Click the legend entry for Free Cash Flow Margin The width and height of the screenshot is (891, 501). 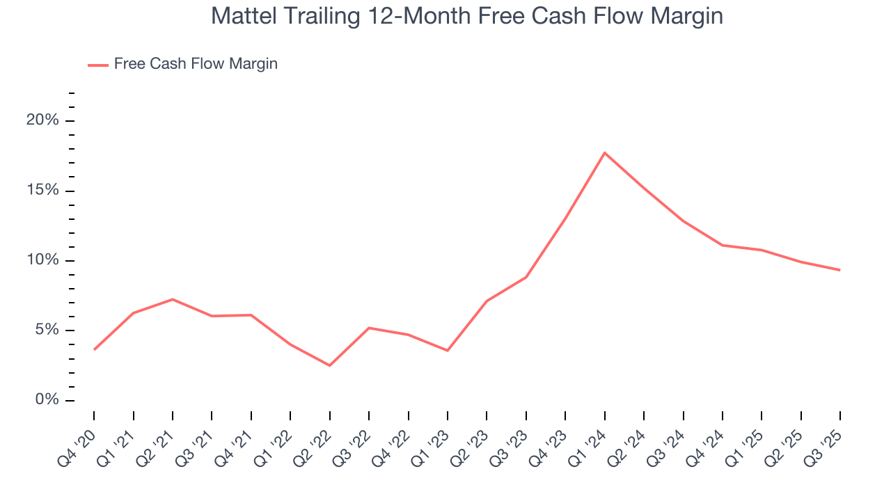pos(196,64)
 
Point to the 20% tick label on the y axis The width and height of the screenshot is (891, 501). pos(42,120)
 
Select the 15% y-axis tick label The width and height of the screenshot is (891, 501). pos(42,191)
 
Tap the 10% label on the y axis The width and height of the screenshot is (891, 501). pos(42,260)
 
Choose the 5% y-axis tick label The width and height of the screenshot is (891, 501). pos(46,331)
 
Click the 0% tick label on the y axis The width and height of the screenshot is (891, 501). pos(46,400)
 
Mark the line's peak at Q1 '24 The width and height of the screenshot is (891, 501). pos(604,152)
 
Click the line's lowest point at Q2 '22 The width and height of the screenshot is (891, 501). pos(329,365)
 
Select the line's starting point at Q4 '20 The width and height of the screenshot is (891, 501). pos(94,349)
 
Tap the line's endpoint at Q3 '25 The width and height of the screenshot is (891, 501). pos(839,270)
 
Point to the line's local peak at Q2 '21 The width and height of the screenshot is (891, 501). pos(173,299)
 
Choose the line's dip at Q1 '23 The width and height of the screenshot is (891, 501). pos(447,351)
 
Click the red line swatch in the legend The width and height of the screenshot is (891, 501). pos(97,65)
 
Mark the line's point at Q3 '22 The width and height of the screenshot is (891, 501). pos(368,328)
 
